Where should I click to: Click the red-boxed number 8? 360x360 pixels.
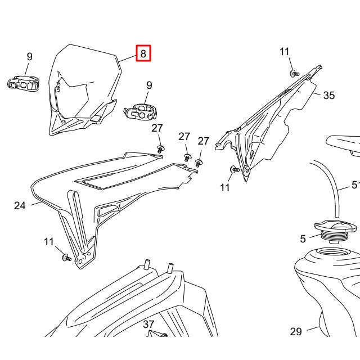(x=143, y=54)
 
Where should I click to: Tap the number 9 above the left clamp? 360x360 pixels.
(x=29, y=56)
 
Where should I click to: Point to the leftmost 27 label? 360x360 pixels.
(x=157, y=129)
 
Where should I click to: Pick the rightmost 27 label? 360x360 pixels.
(x=203, y=141)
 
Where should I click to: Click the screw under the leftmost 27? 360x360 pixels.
(x=161, y=148)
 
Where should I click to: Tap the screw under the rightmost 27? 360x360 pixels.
(x=198, y=162)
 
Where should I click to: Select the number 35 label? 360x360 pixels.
(x=329, y=96)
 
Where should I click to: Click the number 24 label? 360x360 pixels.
(x=20, y=206)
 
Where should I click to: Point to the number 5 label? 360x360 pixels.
(x=303, y=239)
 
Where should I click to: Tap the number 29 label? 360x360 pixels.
(x=296, y=332)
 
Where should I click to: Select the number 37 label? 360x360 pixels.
(x=148, y=325)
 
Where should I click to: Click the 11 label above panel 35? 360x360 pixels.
(x=285, y=52)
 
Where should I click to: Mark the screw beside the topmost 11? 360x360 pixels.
(x=294, y=73)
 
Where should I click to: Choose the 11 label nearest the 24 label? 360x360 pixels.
(x=49, y=242)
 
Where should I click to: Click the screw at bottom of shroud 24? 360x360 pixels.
(x=66, y=257)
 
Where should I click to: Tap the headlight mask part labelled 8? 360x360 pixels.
(x=84, y=90)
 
